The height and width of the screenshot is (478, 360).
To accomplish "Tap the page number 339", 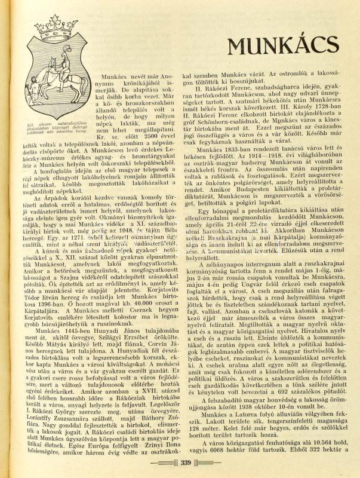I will [x=185, y=461].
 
